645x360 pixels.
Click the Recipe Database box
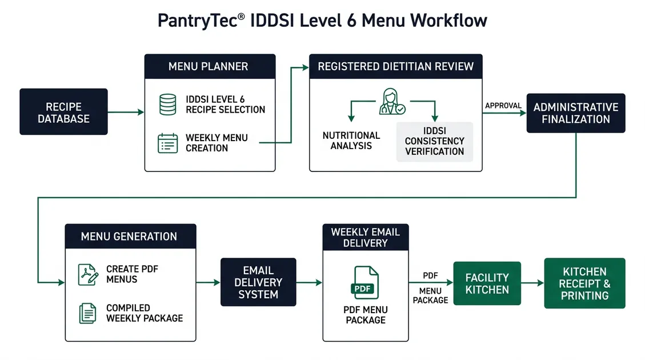pyautogui.click(x=63, y=112)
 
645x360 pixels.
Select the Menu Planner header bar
pyautogui.click(x=210, y=66)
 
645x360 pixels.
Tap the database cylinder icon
pyautogui.click(x=167, y=104)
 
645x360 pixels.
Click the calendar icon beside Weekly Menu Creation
pyautogui.click(x=167, y=143)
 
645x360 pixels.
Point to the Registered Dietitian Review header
pyautogui.click(x=395, y=66)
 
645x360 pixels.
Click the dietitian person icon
pyautogui.click(x=392, y=101)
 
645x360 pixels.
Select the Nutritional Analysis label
pyautogui.click(x=351, y=141)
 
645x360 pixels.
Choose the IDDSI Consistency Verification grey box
pyautogui.click(x=434, y=141)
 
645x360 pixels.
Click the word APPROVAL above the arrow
pyautogui.click(x=503, y=106)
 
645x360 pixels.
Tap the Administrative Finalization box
pyautogui.click(x=575, y=113)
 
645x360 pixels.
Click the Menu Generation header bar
pyautogui.click(x=130, y=236)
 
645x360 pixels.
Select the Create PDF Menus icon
pyautogui.click(x=87, y=274)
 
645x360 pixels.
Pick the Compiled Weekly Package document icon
pyautogui.click(x=87, y=313)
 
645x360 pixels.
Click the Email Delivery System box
pyautogui.click(x=258, y=282)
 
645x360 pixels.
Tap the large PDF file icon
pyautogui.click(x=366, y=283)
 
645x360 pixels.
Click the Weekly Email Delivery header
pyautogui.click(x=366, y=237)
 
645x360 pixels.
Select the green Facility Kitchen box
pyautogui.click(x=487, y=283)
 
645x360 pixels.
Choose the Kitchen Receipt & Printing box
pyautogui.click(x=584, y=283)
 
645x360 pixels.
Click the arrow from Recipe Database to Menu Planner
pyautogui.click(x=126, y=113)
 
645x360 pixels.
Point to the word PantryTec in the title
pyautogui.click(x=193, y=21)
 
